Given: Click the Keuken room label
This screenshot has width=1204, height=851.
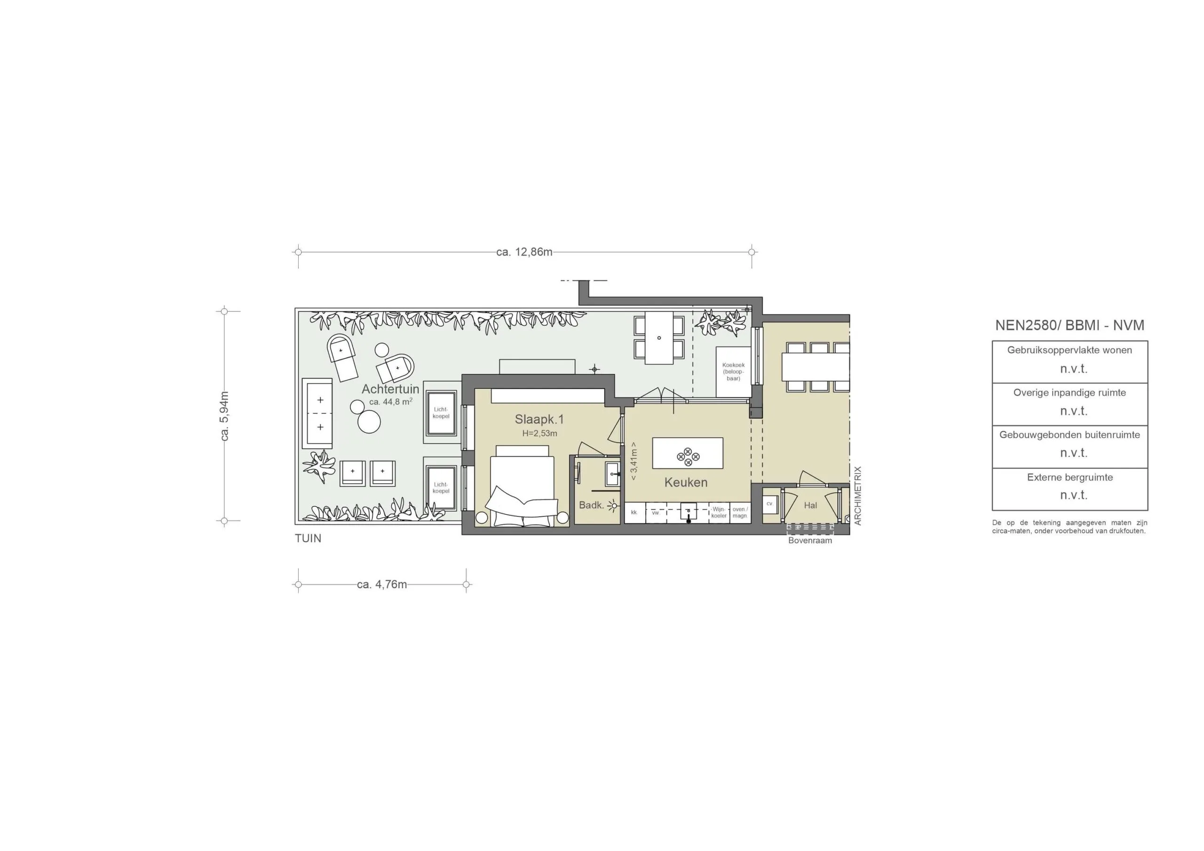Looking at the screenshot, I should [685, 482].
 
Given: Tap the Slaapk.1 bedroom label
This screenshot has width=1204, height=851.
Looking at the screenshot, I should [539, 419].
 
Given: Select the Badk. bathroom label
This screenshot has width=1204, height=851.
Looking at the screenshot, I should [591, 505].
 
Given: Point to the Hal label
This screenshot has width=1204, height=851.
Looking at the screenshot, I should [810, 505].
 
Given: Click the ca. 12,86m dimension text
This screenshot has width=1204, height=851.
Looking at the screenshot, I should [524, 252].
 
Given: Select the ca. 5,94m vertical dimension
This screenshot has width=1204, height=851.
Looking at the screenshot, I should [225, 416].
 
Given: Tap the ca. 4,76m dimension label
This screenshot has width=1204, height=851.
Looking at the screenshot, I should [382, 584].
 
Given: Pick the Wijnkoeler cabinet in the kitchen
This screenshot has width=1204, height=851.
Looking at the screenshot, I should [719, 512].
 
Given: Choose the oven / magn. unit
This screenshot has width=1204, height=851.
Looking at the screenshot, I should [740, 512].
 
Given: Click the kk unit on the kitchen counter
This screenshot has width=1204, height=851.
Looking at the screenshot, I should [634, 512].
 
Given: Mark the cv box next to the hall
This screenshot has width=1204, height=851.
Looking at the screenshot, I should [769, 504].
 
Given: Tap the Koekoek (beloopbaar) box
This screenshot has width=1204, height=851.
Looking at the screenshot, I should [733, 372].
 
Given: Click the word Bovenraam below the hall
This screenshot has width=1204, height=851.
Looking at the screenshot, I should [810, 541].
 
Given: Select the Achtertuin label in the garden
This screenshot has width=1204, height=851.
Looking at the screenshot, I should [390, 389].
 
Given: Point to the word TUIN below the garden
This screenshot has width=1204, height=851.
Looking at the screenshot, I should [308, 538].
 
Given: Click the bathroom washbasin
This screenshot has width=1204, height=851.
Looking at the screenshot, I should [612, 474].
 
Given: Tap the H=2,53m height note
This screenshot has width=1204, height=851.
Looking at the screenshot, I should [539, 433].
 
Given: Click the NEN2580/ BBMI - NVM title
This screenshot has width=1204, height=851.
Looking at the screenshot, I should [1069, 325].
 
